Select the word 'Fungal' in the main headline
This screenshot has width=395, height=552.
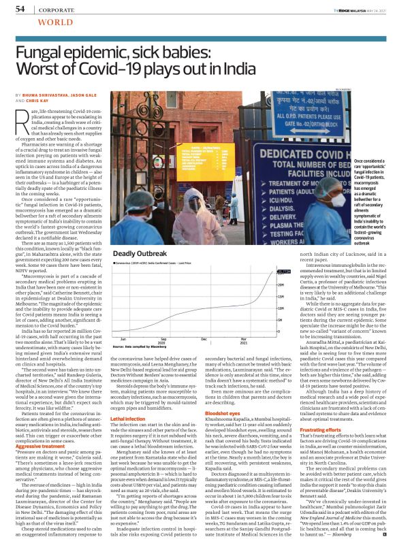pos(41,53)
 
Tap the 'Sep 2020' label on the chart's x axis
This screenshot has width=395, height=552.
pos(163,340)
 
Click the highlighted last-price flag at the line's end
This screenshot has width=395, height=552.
pos(280,271)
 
